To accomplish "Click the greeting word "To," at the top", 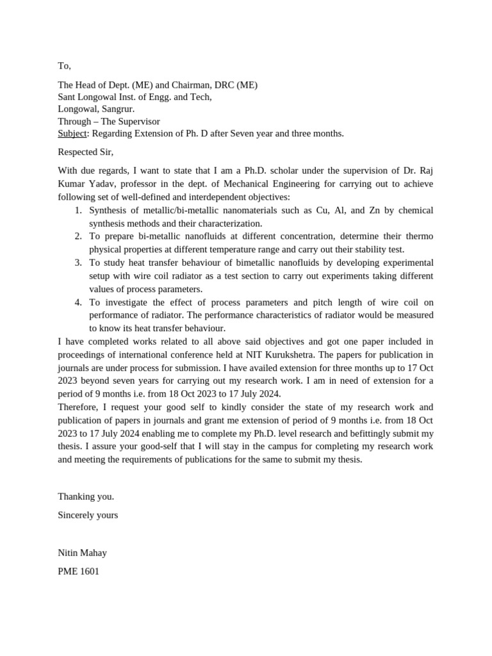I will coord(64,66).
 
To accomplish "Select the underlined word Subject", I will coord(72,133).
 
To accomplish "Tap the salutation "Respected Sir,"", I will coord(85,152).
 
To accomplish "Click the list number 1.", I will coord(78,210).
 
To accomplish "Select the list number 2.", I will coord(78,236).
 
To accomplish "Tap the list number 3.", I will coord(78,263).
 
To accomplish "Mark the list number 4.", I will coord(78,302).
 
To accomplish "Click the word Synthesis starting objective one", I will coord(110,210).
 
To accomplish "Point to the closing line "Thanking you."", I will coord(86,496).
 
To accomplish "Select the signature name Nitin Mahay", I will coord(83,553).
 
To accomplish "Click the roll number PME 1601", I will coord(79,571).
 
